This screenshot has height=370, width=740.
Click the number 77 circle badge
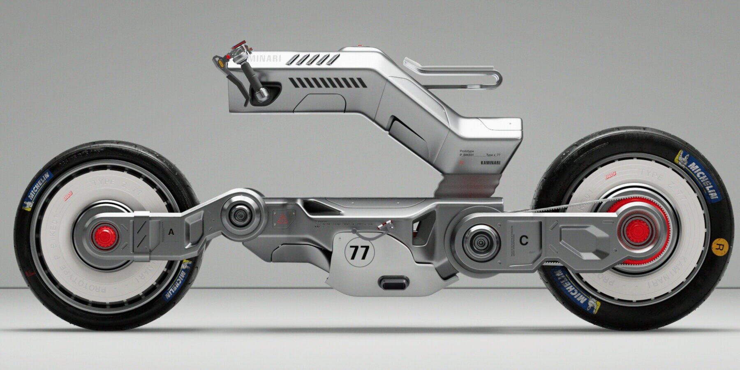[359, 252]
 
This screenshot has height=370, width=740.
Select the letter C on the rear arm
[523, 241]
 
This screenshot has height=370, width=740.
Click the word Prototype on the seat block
[467, 151]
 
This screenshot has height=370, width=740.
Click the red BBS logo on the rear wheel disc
[610, 176]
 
